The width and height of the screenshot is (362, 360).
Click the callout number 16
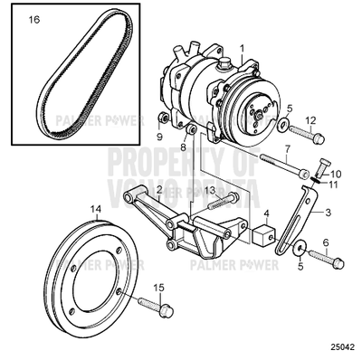34,18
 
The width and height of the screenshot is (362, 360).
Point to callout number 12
310,119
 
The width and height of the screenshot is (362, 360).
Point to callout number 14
97,211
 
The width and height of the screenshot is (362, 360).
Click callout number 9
158,137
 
